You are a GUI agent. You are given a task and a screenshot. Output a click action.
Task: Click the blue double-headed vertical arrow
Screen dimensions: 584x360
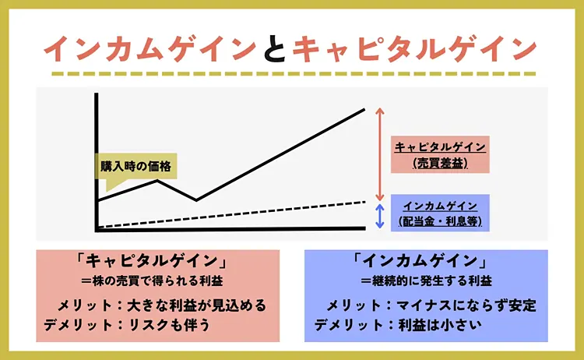(380, 216)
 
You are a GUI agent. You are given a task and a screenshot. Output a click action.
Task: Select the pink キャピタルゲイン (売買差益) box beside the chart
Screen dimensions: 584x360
(441, 154)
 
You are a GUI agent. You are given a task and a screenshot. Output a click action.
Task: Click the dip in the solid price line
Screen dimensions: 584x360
(195, 199)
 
